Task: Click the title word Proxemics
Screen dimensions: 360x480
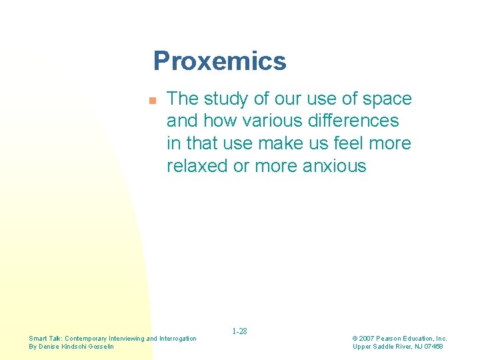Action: [x=219, y=61]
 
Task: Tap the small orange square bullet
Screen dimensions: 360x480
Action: [x=151, y=101]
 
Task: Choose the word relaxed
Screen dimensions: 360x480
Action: [x=197, y=166]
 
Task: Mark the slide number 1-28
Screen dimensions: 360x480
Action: [x=239, y=331]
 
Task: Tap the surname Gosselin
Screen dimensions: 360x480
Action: [x=99, y=347]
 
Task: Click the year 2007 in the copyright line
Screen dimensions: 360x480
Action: [x=367, y=339]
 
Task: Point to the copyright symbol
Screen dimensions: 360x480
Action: [x=355, y=339]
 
